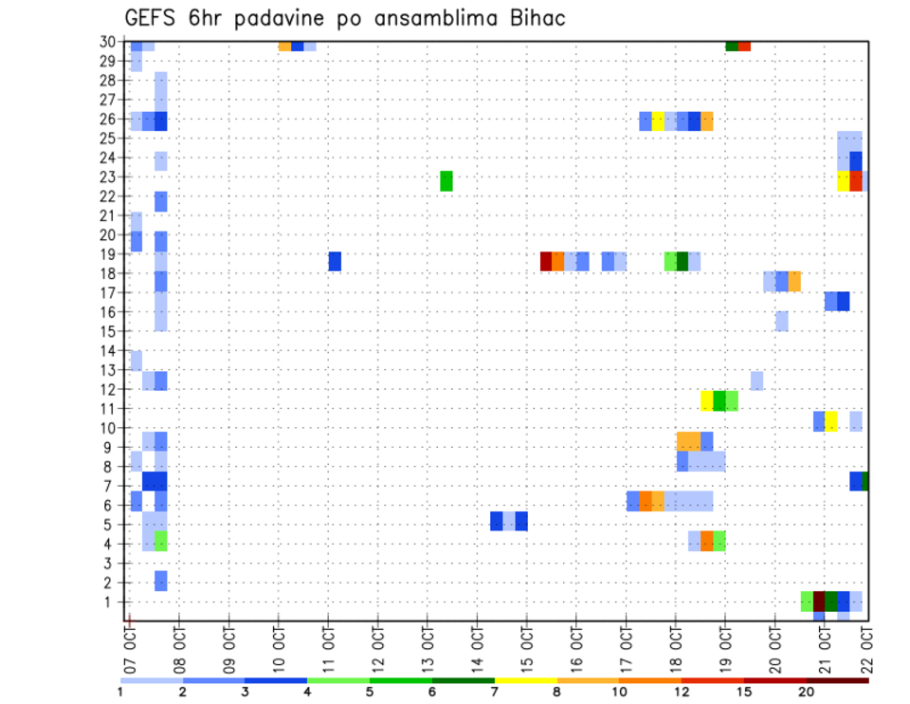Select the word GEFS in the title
coord(152,18)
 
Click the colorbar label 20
coord(807,693)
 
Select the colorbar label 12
coord(682,693)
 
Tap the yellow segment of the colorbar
coord(525,680)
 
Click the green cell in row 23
coord(446,180)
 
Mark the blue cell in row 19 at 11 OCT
coord(335,261)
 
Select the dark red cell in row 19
coord(546,261)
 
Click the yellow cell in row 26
coord(658,120)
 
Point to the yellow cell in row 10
coord(831,421)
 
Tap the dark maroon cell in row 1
coord(819,602)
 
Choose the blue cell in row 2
coord(161,581)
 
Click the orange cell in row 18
coord(794,281)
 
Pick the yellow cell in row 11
coord(707,400)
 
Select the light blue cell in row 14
coord(136,361)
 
